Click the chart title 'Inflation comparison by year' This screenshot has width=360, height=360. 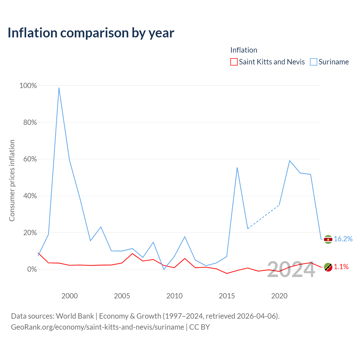pyautogui.click(x=91, y=33)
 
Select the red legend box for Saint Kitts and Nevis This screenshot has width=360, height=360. pyautogui.click(x=234, y=62)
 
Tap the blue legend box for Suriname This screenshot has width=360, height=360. pyautogui.click(x=313, y=62)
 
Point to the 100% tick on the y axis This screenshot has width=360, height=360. pyautogui.click(x=28, y=85)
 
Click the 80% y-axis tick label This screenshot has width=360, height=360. pyautogui.click(x=30, y=122)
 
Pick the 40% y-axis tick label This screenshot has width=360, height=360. pyautogui.click(x=30, y=196)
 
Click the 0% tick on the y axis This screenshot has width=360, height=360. pyautogui.click(x=32, y=269)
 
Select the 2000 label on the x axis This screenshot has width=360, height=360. pyautogui.click(x=69, y=296)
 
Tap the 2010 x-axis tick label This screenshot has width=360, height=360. pyautogui.click(x=174, y=296)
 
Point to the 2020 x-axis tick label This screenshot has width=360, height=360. pyautogui.click(x=279, y=296)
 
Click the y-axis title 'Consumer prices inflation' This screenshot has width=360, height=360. pyautogui.click(x=12, y=181)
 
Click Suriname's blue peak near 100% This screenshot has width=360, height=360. pyautogui.click(x=59, y=88)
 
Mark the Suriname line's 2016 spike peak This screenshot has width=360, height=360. pyautogui.click(x=237, y=168)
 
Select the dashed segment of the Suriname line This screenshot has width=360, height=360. pyautogui.click(x=264, y=217)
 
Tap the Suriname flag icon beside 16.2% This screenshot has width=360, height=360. pyautogui.click(x=328, y=239)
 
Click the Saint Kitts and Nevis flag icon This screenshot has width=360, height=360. pyautogui.click(x=328, y=267)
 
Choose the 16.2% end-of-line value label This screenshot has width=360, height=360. pyautogui.click(x=343, y=239)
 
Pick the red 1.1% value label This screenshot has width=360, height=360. pyautogui.click(x=341, y=267)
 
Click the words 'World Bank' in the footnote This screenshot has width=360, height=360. pyautogui.click(x=75, y=316)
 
